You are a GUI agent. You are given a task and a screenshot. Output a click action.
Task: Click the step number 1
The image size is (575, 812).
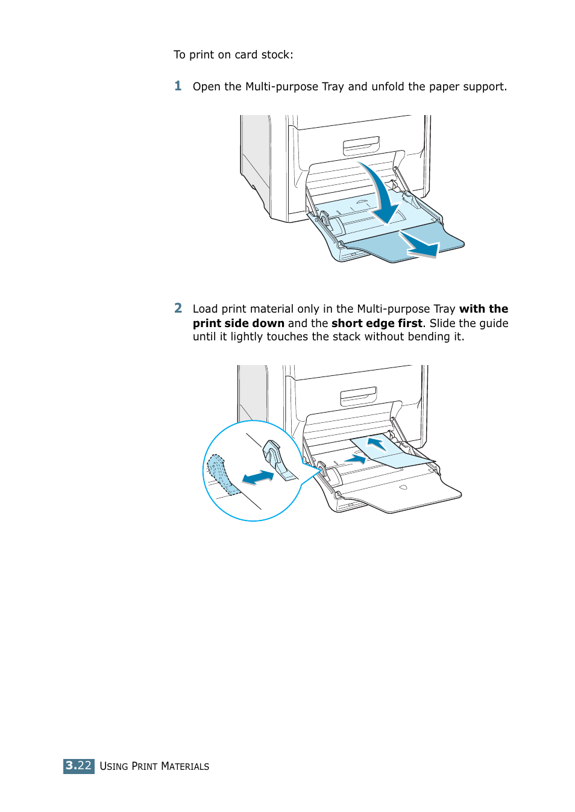point(178,86)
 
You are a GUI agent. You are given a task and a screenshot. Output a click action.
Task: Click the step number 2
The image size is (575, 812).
point(178,308)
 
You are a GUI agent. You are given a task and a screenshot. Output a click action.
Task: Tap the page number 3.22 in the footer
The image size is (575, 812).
point(79,766)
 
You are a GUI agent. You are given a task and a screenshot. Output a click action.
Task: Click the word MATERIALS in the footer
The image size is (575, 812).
point(185,766)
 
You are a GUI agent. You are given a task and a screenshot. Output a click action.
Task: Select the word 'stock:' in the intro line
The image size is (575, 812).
point(277,55)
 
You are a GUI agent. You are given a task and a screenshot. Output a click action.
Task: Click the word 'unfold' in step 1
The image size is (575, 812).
point(388,87)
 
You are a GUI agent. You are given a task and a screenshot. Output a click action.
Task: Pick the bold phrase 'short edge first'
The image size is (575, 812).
point(377,323)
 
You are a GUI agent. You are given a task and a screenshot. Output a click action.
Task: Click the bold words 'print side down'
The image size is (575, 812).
point(238,323)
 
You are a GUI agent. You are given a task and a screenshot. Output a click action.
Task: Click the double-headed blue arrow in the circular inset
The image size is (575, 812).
point(258,478)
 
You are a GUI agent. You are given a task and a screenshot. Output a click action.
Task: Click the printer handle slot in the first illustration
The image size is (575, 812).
point(361,145)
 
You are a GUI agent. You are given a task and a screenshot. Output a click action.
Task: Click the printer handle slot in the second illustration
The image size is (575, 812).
point(358,395)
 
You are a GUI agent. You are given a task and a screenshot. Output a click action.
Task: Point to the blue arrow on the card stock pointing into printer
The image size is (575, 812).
point(377,445)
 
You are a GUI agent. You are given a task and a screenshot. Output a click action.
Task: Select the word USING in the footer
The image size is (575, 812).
point(114,766)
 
